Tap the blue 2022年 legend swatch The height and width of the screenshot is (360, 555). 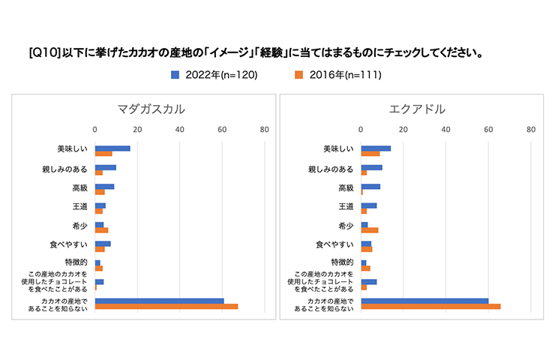coord(175,74)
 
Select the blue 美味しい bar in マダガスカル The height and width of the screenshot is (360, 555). coord(112,148)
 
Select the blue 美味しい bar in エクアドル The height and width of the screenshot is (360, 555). coord(376,148)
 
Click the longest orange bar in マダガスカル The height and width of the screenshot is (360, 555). coord(166,306)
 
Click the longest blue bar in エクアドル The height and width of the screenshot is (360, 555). coord(424,301)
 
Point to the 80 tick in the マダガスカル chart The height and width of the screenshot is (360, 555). coord(264,130)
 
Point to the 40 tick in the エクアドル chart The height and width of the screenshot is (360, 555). coord(446,130)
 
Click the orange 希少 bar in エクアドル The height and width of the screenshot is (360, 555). coord(369,229)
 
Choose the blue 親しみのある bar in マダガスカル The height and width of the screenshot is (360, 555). coord(105,166)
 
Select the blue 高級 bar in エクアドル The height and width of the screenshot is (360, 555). coord(370,186)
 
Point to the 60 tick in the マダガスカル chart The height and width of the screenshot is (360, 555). coord(222,130)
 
